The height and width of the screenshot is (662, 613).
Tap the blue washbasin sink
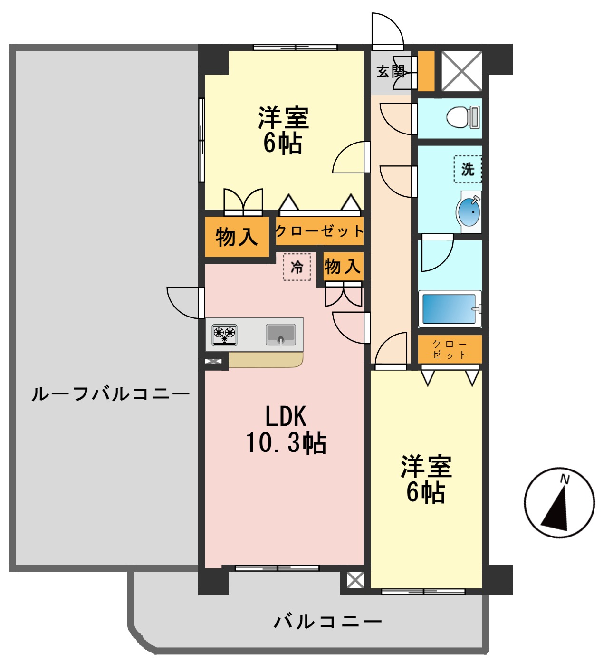(x=469, y=212)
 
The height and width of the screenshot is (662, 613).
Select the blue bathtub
(x=450, y=309)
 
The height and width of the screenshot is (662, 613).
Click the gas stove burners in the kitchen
(x=224, y=334)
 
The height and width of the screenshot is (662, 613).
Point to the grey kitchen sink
(x=280, y=334)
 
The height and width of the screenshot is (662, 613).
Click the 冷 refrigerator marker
(x=297, y=267)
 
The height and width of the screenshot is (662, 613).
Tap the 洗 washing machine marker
(x=468, y=169)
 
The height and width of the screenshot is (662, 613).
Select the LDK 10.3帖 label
(x=286, y=430)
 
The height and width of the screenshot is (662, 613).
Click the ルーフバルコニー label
(x=110, y=394)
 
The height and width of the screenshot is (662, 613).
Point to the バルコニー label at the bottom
(x=328, y=622)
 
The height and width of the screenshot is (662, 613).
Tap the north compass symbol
(x=559, y=502)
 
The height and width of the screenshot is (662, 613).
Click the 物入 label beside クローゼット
(x=236, y=236)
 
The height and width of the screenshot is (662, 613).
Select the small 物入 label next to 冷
(x=342, y=266)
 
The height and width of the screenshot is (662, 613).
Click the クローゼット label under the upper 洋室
(x=319, y=231)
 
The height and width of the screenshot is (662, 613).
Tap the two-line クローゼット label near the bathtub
(x=450, y=349)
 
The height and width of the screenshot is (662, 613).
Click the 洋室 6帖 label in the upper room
(x=283, y=130)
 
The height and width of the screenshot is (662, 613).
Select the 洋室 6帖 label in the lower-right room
(x=426, y=479)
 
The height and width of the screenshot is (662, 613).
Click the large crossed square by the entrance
(x=461, y=71)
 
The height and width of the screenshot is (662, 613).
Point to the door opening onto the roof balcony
(x=185, y=303)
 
